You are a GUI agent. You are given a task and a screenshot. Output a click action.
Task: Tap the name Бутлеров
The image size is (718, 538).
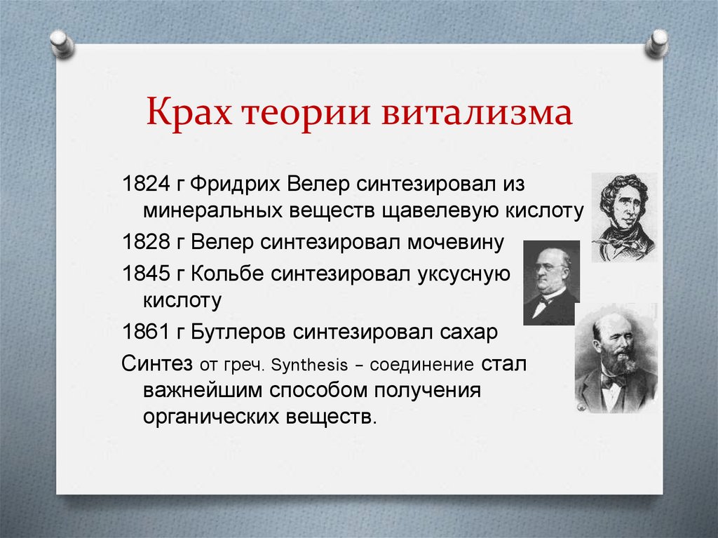point(238,332)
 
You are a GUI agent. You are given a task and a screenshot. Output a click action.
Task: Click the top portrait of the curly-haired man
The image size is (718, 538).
point(623,217)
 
